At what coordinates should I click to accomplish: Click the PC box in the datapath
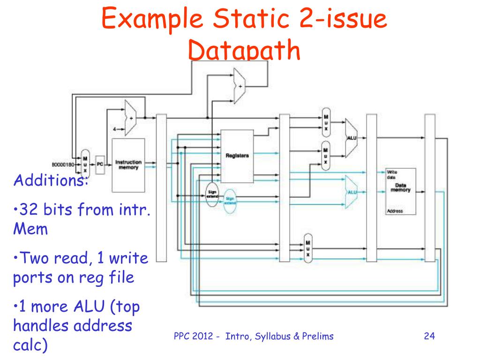[100, 165]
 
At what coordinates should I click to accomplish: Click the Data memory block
[400, 190]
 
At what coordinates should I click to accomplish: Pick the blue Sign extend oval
[229, 201]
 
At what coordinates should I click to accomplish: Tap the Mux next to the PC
[85, 165]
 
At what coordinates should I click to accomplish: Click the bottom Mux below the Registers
[307, 248]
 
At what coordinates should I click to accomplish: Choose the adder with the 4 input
[130, 117]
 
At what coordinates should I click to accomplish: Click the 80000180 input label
[63, 165]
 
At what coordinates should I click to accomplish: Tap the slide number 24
[429, 336]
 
